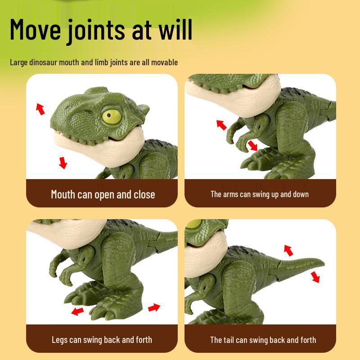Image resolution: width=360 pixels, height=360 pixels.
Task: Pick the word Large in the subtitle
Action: (19, 62)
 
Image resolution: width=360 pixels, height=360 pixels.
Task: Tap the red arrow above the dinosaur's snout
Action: (40, 108)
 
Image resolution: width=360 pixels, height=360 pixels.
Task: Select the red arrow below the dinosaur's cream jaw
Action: (63, 162)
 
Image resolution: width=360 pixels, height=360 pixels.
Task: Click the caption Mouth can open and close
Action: (103, 194)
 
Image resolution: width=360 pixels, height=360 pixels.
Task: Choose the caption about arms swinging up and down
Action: (260, 194)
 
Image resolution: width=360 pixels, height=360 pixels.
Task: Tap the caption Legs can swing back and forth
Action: (102, 340)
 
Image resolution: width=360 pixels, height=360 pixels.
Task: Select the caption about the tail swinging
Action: (263, 340)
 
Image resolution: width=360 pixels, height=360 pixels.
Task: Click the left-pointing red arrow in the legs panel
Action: (78, 311)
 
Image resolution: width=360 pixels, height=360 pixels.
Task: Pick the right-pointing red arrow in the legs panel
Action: (154, 307)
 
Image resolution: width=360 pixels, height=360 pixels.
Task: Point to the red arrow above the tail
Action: (288, 250)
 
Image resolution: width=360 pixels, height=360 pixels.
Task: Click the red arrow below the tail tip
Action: (315, 277)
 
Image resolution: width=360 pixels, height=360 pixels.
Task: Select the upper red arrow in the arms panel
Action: (221, 125)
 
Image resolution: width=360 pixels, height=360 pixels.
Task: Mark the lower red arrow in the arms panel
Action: (253, 145)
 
